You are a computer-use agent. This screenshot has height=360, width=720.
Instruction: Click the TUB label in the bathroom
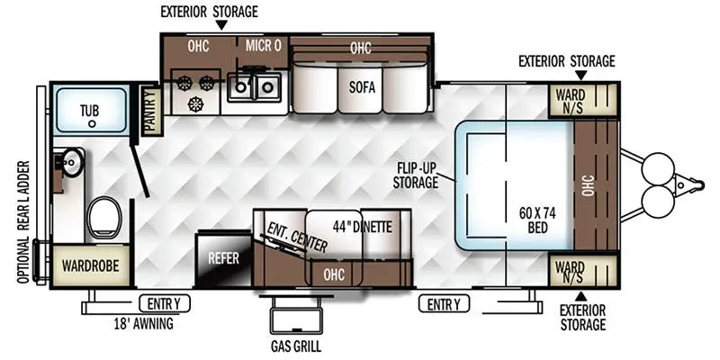point(89,110)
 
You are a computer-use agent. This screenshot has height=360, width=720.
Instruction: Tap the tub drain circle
point(93,123)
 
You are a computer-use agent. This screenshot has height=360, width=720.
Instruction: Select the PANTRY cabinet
point(151,111)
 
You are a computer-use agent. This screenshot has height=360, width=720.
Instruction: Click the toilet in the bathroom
point(104,217)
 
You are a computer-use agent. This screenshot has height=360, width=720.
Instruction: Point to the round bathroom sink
point(73,162)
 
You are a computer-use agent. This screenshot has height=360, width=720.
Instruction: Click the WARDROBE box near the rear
point(91,265)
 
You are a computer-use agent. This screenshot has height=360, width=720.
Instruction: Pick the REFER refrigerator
point(223,258)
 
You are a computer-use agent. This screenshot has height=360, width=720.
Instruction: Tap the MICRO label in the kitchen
point(263,46)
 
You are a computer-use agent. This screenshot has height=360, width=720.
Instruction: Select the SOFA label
point(362,87)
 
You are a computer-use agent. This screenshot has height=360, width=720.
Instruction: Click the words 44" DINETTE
point(363,227)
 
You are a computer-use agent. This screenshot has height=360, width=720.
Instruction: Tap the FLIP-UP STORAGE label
point(415,175)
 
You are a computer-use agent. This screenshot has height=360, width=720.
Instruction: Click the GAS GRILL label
point(295,346)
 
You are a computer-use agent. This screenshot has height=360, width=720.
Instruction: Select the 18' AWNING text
point(143,324)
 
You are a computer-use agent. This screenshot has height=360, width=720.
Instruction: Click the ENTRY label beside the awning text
point(165,303)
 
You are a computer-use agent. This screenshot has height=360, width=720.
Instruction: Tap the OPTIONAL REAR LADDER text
point(25,222)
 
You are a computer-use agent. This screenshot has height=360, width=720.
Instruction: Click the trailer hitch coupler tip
point(701,184)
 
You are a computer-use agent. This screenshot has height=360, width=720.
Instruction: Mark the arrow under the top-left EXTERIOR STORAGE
point(221,26)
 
